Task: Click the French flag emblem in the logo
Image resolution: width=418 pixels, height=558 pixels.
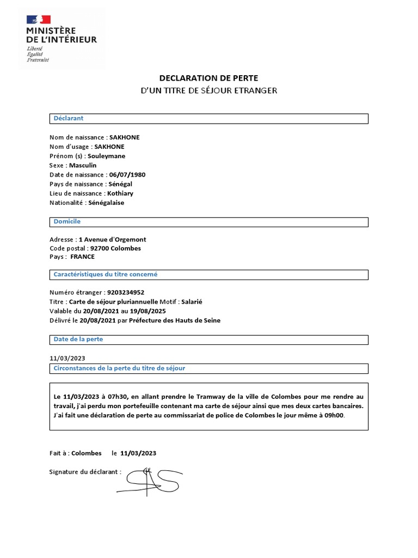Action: [x=39, y=20]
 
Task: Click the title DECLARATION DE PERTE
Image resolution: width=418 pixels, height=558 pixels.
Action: [x=208, y=78]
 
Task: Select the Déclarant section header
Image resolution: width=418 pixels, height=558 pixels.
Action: [x=69, y=118]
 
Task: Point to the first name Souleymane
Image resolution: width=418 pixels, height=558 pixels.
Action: [x=106, y=156]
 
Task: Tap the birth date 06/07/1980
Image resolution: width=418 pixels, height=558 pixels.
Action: [x=127, y=174]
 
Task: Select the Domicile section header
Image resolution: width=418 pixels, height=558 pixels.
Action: [x=67, y=222]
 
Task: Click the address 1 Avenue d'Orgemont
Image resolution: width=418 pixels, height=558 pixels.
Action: [x=112, y=239]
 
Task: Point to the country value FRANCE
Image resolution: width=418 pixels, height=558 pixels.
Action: [x=82, y=257]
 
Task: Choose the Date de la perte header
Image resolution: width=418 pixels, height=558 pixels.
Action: [x=78, y=339]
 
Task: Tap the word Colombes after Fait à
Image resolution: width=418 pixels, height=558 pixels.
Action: [x=87, y=453]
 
